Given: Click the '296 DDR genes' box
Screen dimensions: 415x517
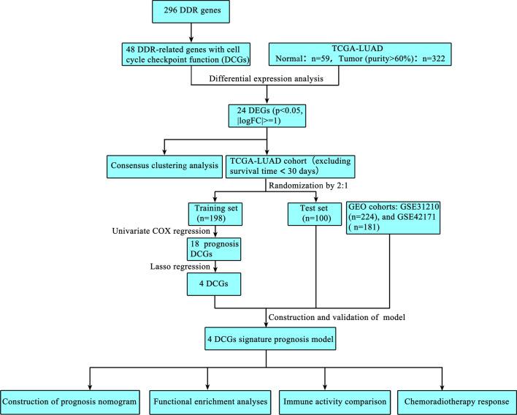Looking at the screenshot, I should (x=192, y=15).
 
